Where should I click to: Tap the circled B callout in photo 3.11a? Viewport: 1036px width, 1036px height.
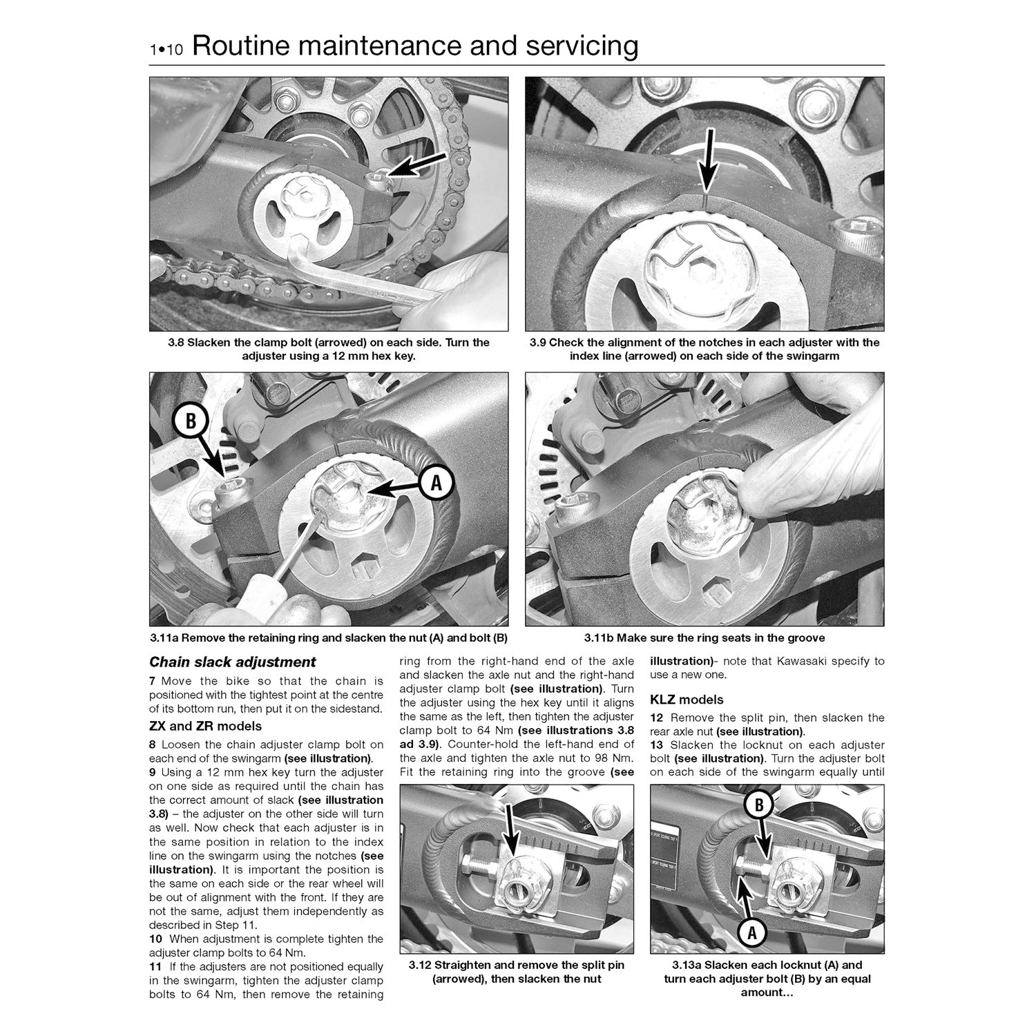(190, 422)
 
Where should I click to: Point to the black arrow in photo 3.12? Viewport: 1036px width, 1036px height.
(512, 835)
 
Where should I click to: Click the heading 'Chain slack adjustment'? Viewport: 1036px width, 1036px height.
(233, 662)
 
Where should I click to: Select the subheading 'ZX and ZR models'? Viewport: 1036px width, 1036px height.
(206, 726)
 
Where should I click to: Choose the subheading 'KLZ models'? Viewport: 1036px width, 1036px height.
(687, 700)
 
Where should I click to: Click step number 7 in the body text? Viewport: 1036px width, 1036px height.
(153, 681)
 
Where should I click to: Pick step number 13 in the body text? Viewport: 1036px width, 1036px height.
(657, 745)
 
